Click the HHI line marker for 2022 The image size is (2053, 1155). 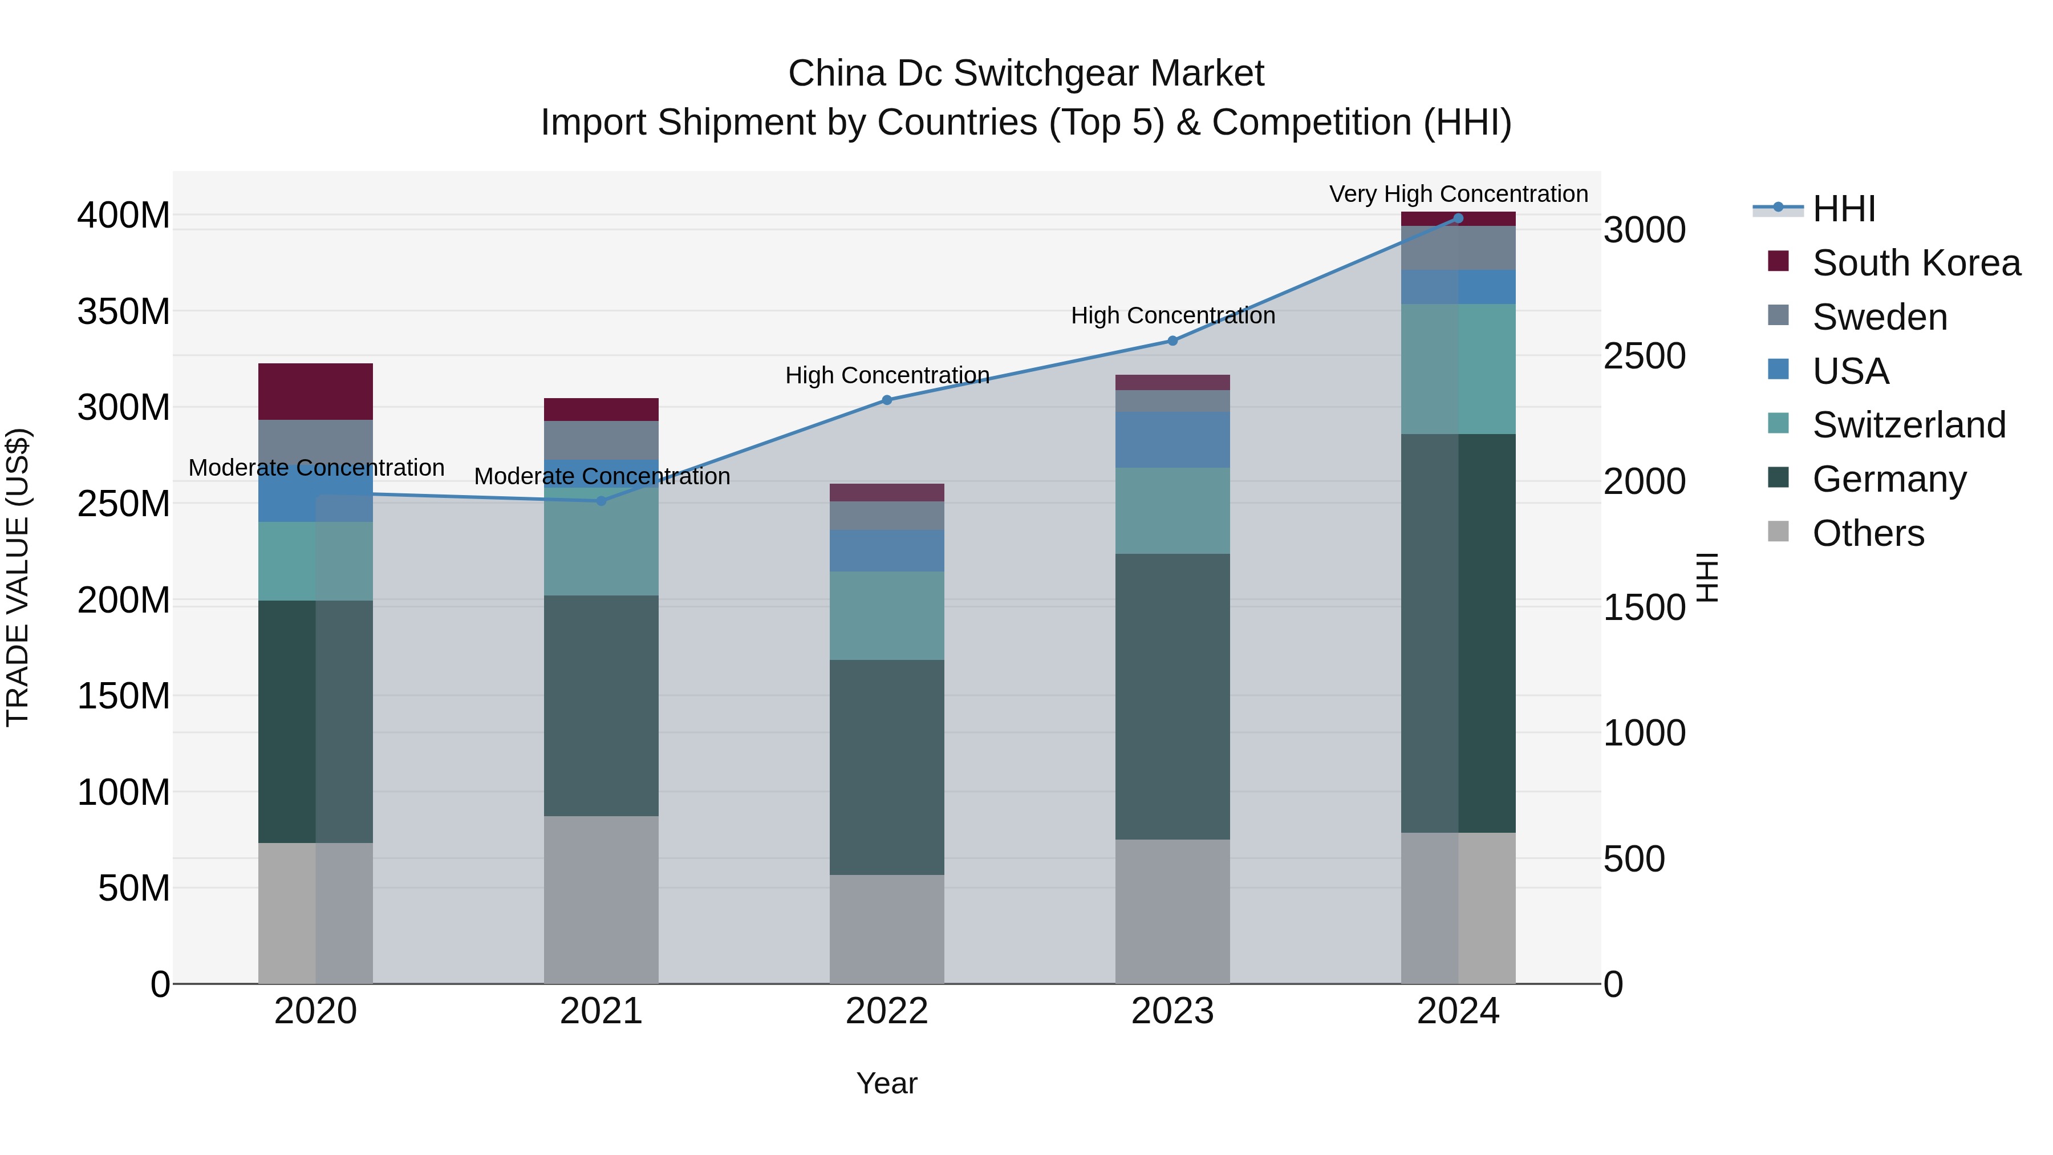point(886,400)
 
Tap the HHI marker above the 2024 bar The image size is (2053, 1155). point(1458,218)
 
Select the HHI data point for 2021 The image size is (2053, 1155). point(601,501)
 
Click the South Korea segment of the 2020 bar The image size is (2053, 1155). point(315,391)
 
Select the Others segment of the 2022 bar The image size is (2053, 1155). point(886,929)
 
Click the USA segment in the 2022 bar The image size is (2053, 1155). point(886,550)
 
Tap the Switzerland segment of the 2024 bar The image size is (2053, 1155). point(1458,368)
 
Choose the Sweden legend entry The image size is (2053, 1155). point(1878,317)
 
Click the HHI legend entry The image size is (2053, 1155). point(1843,209)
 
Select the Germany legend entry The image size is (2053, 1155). point(1888,479)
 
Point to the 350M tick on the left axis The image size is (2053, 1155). point(124,311)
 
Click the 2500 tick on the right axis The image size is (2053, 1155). point(1644,356)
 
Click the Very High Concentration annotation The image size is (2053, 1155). point(1458,194)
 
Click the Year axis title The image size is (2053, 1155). point(886,1083)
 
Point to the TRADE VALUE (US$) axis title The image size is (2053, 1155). point(18,577)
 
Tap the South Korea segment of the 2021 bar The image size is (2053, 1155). point(601,409)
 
